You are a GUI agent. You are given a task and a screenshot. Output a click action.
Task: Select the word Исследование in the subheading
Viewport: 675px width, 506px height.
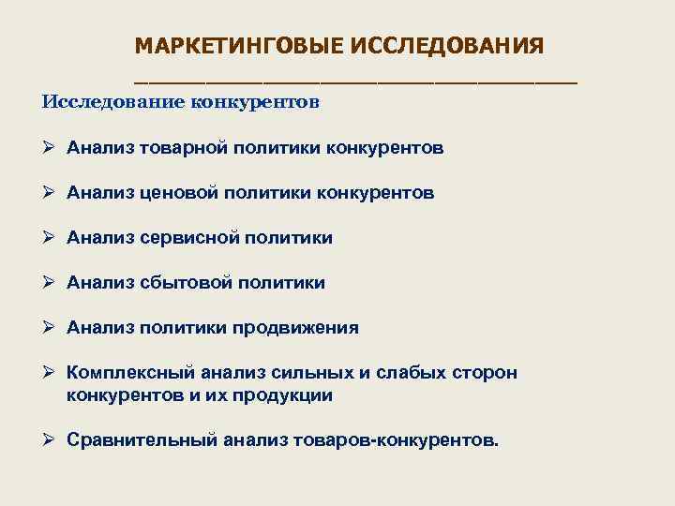click(x=112, y=101)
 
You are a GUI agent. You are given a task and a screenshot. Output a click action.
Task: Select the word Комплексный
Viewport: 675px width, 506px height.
click(x=125, y=373)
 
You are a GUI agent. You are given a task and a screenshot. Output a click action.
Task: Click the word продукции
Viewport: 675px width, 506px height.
click(x=284, y=395)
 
